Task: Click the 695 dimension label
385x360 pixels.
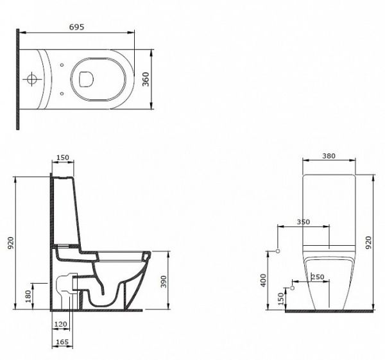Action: pyautogui.click(x=76, y=27)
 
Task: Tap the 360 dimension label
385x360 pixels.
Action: pyautogui.click(x=146, y=79)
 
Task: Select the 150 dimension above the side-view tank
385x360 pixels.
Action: pyautogui.click(x=63, y=157)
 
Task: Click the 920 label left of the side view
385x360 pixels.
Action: pyautogui.click(x=11, y=243)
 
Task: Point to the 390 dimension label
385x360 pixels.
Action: pyautogui.click(x=164, y=282)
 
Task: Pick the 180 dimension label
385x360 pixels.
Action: pyautogui.click(x=28, y=296)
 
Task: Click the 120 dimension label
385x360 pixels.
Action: pyautogui.click(x=61, y=324)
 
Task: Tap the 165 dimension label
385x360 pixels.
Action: pyautogui.click(x=62, y=342)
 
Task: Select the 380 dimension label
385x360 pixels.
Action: pyautogui.click(x=329, y=156)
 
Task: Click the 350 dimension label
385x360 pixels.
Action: pyautogui.click(x=304, y=222)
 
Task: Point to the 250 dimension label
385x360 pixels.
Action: pyautogui.click(x=318, y=277)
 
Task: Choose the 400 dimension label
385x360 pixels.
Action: pyautogui.click(x=263, y=280)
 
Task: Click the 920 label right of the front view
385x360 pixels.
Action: pyautogui.click(x=368, y=243)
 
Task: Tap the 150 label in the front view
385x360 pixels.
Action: pyautogui.click(x=281, y=298)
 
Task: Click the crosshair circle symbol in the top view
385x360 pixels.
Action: pyautogui.click(x=31, y=79)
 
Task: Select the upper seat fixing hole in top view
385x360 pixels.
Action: pyautogui.click(x=62, y=65)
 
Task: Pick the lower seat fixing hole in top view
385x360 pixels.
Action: pyautogui.click(x=62, y=94)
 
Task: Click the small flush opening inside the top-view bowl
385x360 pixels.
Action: pyautogui.click(x=87, y=80)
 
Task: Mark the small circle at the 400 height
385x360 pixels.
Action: pyautogui.click(x=278, y=251)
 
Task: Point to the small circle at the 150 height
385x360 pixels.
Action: pyautogui.click(x=292, y=287)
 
